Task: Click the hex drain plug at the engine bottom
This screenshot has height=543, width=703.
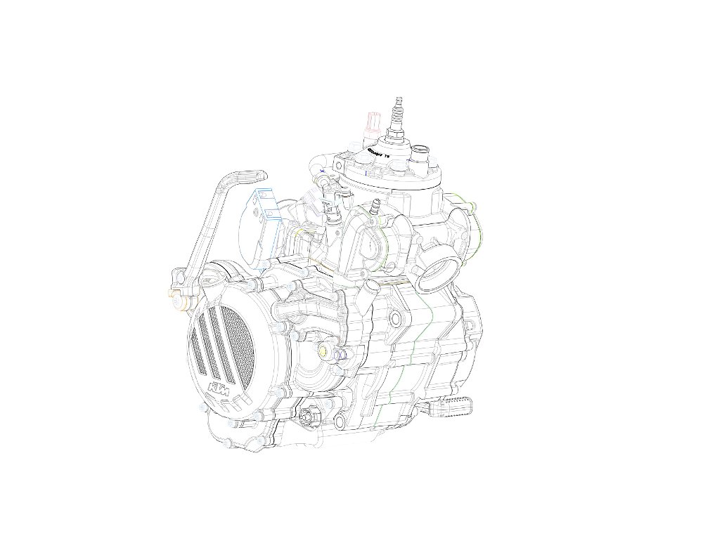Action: pos(307,419)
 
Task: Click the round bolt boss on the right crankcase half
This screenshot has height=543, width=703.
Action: pos(396,320)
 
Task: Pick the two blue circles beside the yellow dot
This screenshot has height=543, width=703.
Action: pos(340,355)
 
